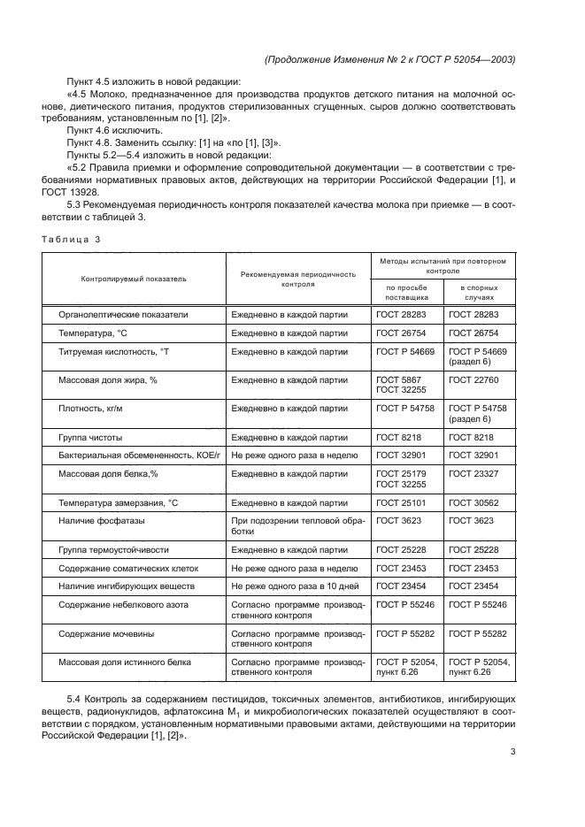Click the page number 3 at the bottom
coord(513,753)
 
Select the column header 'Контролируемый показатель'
coord(134,278)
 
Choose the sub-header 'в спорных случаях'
coord(477,293)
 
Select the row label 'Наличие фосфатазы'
coord(101,521)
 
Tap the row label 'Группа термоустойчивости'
coord(113,550)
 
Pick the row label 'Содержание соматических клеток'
coord(128,568)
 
